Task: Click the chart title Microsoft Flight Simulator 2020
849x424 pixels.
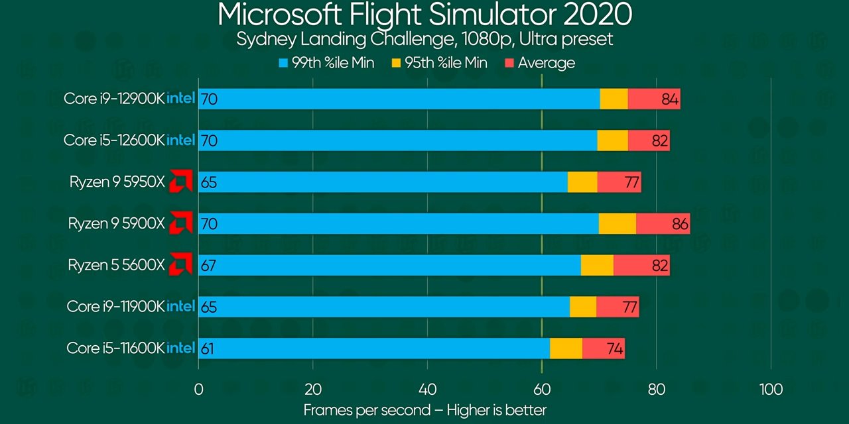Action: [x=424, y=15]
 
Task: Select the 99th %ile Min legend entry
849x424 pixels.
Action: [x=326, y=63]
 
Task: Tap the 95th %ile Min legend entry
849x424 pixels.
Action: [x=440, y=63]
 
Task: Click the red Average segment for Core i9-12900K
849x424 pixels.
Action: [x=653, y=99]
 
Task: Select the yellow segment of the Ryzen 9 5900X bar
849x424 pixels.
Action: [x=617, y=223]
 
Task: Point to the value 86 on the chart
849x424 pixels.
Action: [x=680, y=224]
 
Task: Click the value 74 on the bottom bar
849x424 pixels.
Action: [x=614, y=348]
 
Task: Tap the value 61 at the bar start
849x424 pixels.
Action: [x=207, y=348]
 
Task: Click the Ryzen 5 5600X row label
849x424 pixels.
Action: [x=115, y=265]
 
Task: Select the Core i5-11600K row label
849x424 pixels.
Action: [x=115, y=348]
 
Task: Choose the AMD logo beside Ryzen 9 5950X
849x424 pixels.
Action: [x=180, y=181]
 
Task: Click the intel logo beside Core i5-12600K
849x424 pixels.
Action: [x=180, y=140]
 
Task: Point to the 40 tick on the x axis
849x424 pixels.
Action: [x=427, y=389]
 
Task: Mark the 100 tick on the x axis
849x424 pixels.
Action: [x=771, y=389]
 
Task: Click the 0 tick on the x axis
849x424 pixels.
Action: [x=198, y=389]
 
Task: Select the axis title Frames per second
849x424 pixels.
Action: [x=424, y=410]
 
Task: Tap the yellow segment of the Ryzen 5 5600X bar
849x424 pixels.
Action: [x=597, y=265]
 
